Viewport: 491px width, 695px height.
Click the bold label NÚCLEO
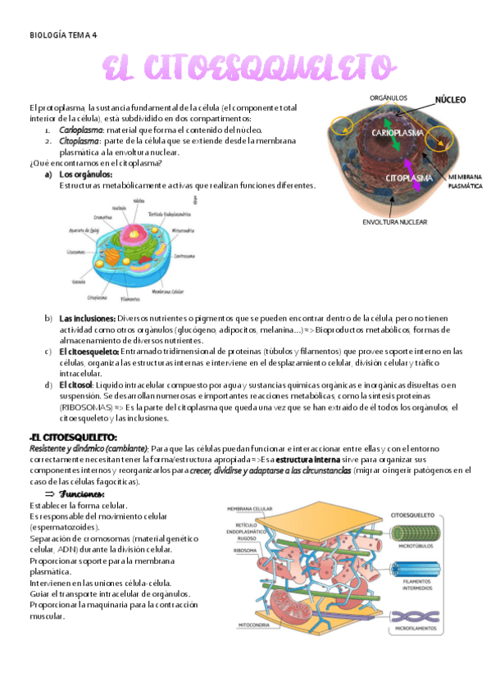[450, 100]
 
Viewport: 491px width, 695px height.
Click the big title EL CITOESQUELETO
[244, 69]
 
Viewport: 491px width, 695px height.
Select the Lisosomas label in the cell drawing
[76, 252]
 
